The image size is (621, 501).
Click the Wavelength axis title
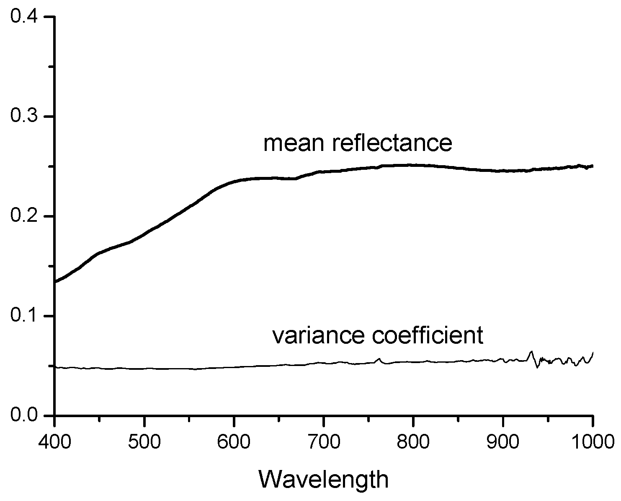coord(323,479)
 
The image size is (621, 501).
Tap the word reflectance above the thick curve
coord(392,143)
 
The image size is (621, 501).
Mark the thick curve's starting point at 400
coord(56,282)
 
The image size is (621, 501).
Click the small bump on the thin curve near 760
coord(379,359)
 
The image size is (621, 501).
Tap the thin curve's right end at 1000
coord(593,353)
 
